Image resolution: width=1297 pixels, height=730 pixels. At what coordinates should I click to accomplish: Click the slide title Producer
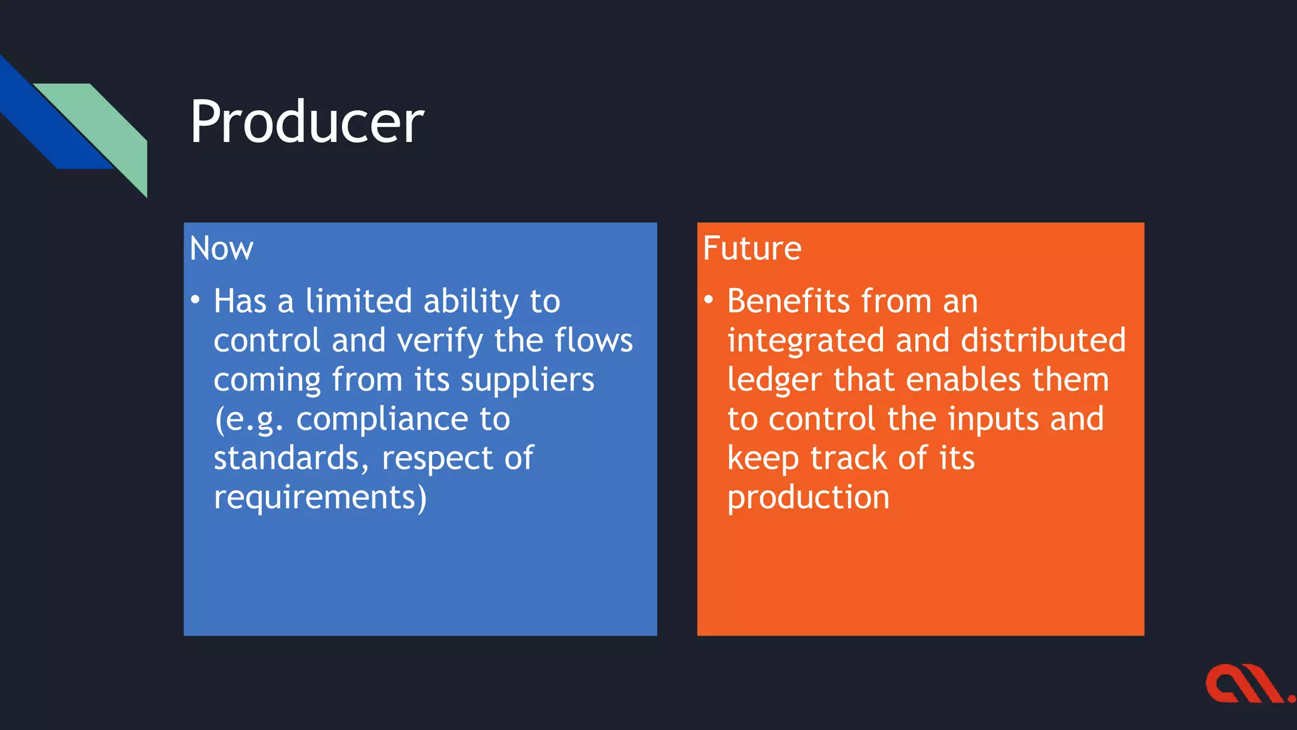pyautogui.click(x=307, y=122)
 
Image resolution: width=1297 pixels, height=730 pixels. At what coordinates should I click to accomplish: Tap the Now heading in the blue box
pyautogui.click(x=221, y=248)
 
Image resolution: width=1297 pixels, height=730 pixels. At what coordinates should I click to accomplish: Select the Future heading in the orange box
pyautogui.click(x=752, y=248)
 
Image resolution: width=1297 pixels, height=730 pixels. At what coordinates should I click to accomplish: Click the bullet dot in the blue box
pyautogui.click(x=196, y=299)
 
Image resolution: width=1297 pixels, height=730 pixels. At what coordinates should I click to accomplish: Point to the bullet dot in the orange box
pyautogui.click(x=709, y=299)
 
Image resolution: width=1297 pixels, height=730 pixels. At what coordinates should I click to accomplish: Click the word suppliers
pyautogui.click(x=527, y=380)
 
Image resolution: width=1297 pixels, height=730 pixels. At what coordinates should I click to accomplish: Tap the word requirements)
pyautogui.click(x=320, y=498)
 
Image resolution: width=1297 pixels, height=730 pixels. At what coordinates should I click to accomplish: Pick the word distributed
pyautogui.click(x=1043, y=340)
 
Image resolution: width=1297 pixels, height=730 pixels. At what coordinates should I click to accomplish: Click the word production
pyautogui.click(x=808, y=498)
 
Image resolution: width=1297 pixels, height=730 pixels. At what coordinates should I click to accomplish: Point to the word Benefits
pyautogui.click(x=788, y=301)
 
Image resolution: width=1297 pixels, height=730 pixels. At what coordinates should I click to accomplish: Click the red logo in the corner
pyautogui.click(x=1248, y=684)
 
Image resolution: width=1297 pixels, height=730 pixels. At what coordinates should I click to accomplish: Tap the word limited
pyautogui.click(x=358, y=301)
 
